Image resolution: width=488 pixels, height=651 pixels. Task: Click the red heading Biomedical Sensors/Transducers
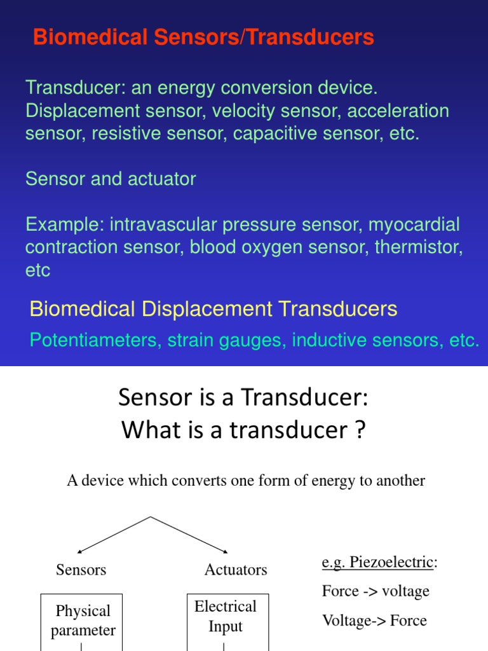point(203,38)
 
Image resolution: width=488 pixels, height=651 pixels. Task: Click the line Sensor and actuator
point(111,179)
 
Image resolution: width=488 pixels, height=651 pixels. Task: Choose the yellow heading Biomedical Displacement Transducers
point(213,310)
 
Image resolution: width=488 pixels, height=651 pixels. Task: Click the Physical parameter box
point(83,620)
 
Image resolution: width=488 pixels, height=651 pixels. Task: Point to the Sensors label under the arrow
point(81,570)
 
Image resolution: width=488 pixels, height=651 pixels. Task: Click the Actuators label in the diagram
point(236,570)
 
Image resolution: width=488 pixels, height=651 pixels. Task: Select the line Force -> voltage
point(376,591)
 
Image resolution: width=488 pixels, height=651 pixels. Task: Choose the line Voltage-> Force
point(374,620)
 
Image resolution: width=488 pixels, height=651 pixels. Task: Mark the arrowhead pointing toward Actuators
point(225,552)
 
